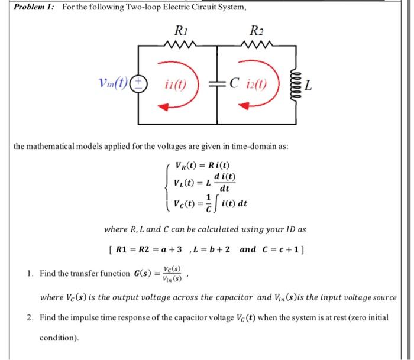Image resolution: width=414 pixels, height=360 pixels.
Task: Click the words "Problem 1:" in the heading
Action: point(34,7)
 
